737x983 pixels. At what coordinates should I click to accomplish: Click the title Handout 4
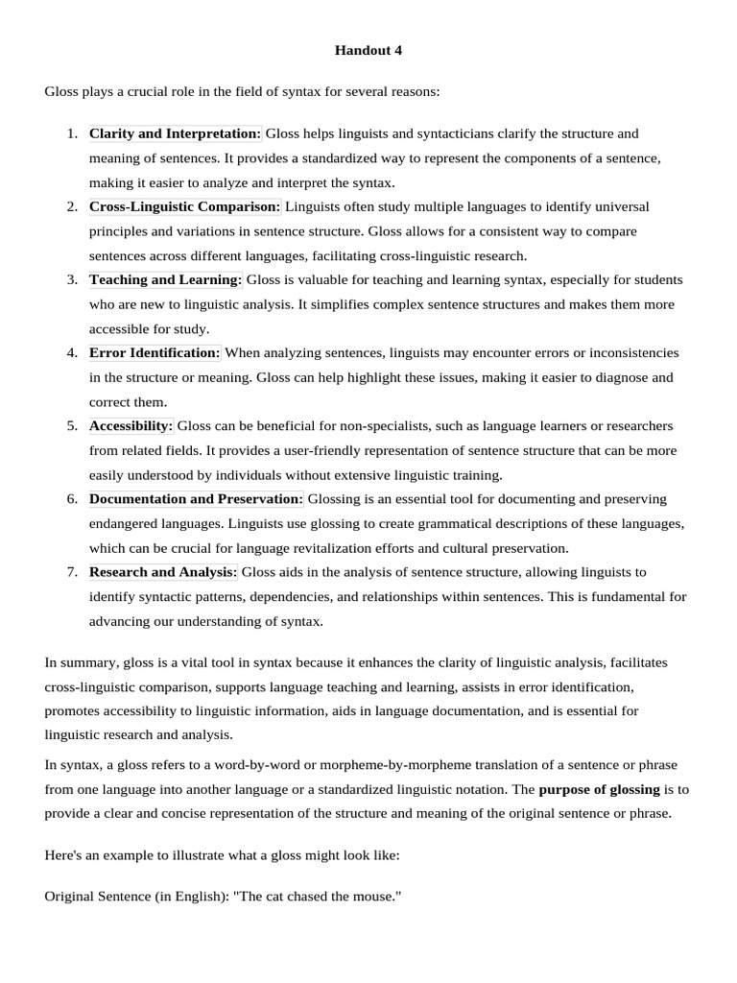(368, 51)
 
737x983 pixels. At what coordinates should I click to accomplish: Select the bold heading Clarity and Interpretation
(175, 133)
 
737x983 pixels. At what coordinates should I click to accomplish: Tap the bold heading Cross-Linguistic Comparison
(184, 206)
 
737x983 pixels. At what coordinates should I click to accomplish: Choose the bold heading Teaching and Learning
(166, 279)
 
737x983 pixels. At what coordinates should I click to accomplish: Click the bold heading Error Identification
(155, 352)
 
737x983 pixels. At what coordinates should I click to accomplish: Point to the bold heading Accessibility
(131, 425)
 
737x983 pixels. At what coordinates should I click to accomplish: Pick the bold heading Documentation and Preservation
(196, 498)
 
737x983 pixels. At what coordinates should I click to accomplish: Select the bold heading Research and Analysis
(163, 571)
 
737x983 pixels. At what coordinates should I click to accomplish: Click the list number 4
(72, 352)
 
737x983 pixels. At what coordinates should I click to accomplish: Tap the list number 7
(72, 571)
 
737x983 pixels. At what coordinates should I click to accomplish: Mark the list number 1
(72, 133)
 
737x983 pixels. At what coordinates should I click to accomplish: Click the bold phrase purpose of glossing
(599, 789)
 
